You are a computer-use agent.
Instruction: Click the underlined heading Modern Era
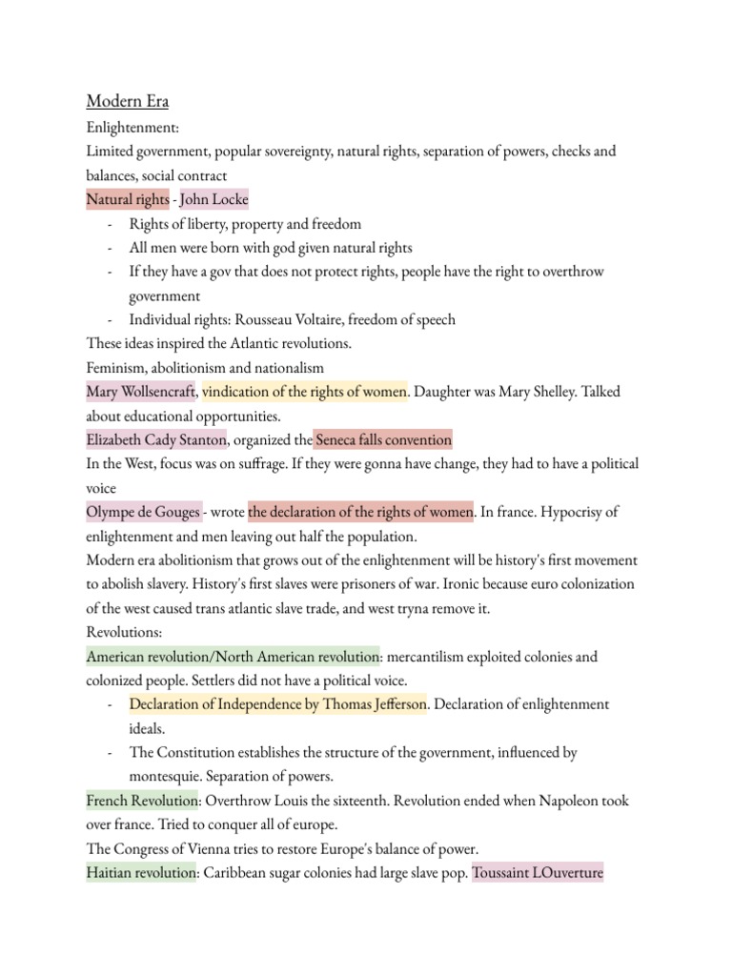127,102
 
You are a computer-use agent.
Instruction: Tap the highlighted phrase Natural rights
127,199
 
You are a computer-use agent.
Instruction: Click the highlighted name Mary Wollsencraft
141,392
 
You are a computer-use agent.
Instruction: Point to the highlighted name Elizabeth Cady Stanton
156,439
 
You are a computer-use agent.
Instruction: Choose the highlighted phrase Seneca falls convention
383,439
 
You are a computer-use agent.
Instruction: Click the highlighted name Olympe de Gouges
143,512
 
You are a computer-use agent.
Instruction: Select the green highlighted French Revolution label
141,801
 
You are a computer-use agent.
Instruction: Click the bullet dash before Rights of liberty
111,224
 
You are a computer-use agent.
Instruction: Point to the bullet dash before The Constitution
111,753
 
